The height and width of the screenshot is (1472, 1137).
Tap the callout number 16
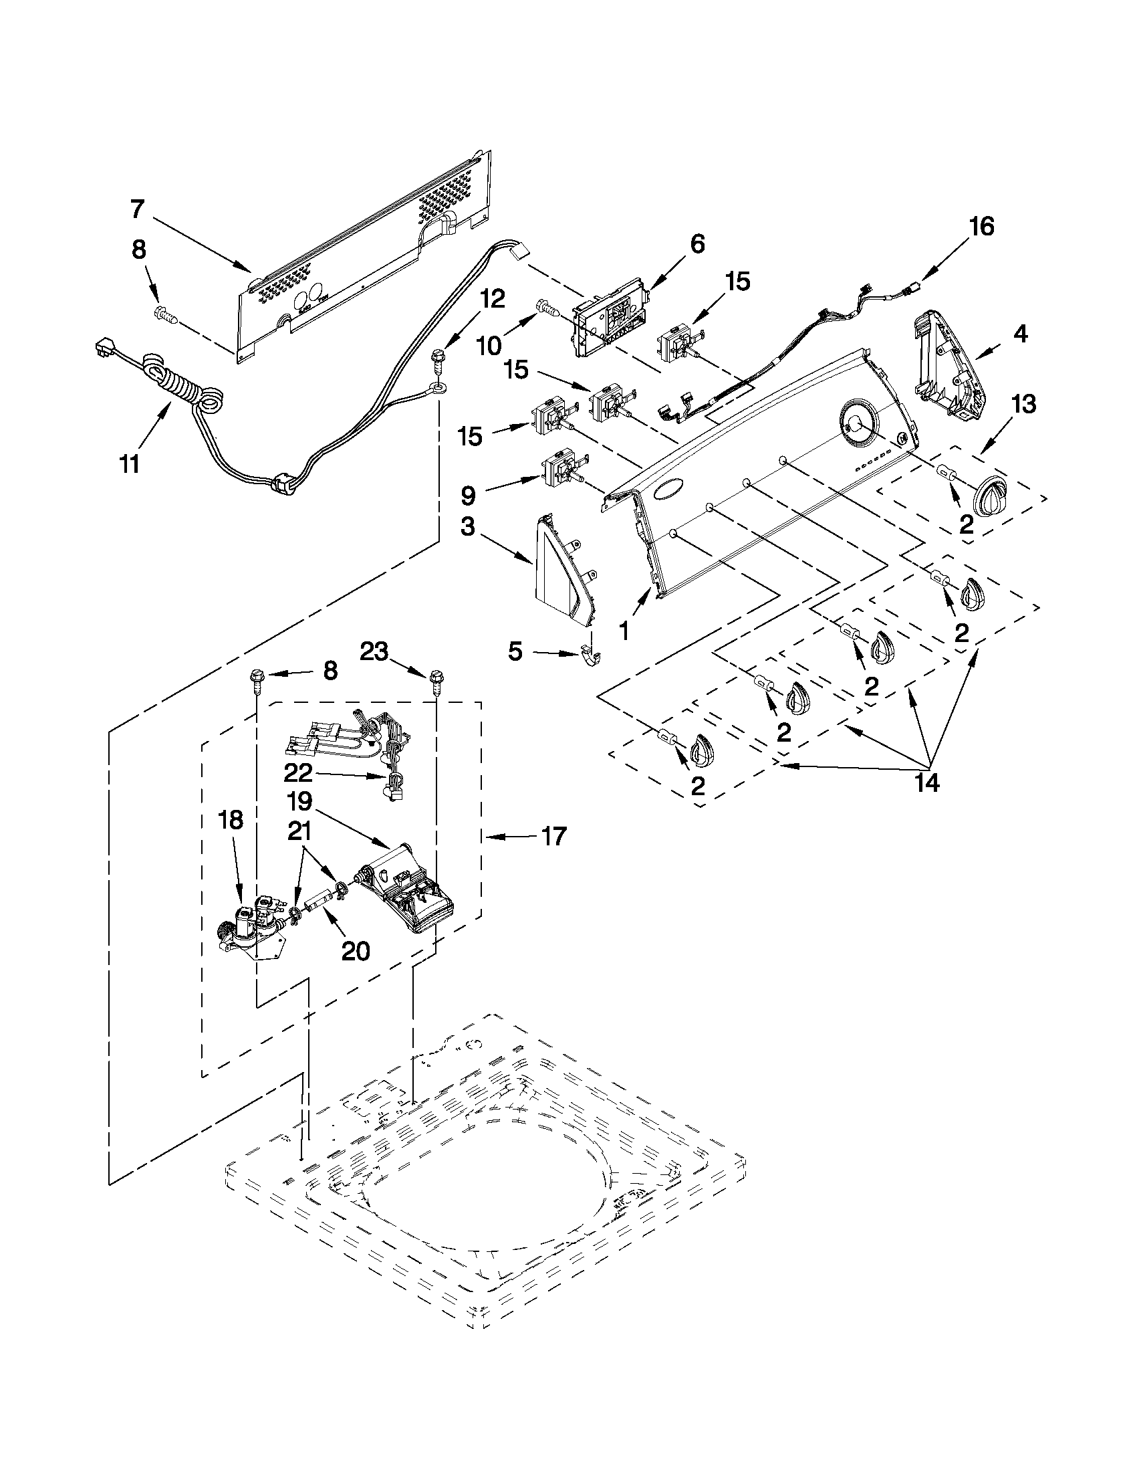click(982, 227)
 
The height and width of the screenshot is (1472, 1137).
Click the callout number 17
click(553, 837)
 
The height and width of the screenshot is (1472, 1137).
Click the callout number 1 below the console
click(624, 631)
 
